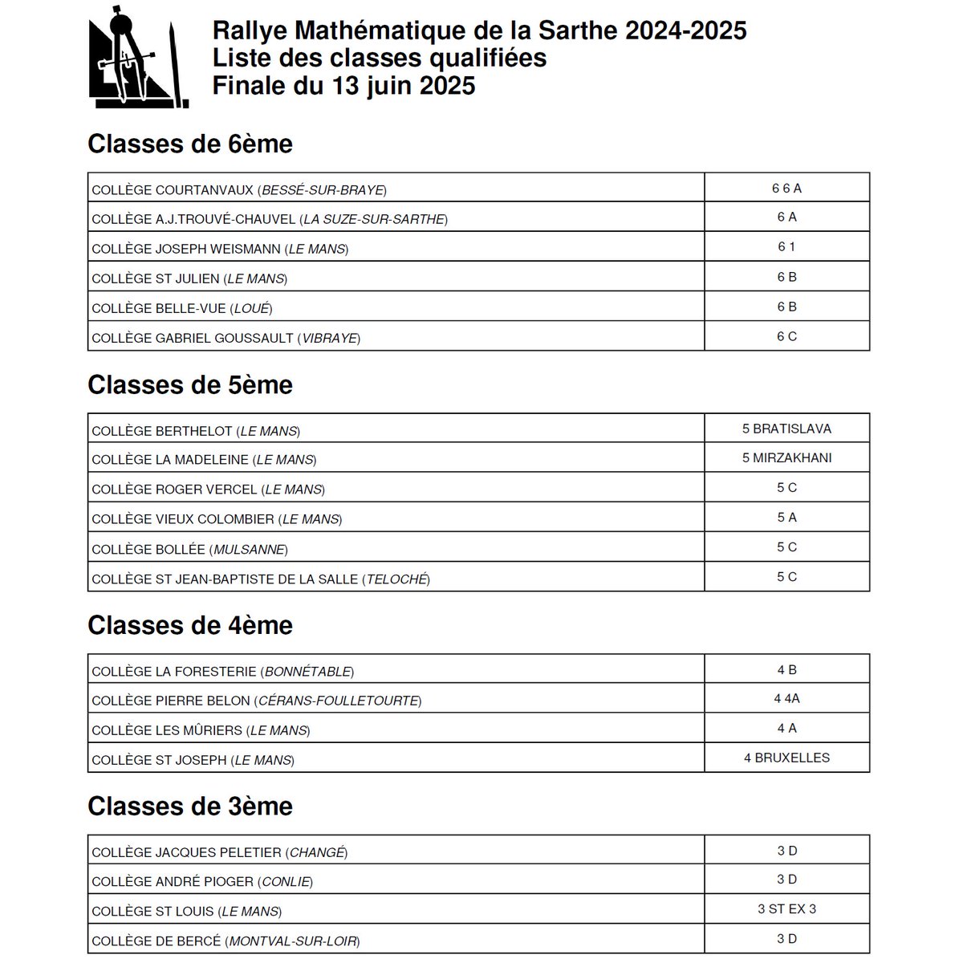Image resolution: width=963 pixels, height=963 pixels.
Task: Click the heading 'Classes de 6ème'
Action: tap(190, 144)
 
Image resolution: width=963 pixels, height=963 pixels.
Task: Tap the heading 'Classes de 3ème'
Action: tap(190, 807)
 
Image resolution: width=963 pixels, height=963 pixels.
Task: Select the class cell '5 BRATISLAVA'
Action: tap(786, 429)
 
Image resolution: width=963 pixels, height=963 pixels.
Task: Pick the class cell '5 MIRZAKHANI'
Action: tap(786, 458)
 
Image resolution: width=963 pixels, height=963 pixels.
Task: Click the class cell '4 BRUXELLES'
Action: tap(786, 758)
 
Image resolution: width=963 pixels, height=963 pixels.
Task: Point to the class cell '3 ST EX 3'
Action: tap(786, 909)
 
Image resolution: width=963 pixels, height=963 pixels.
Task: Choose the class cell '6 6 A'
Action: tap(786, 189)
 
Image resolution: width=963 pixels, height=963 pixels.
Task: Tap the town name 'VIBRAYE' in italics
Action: tap(329, 339)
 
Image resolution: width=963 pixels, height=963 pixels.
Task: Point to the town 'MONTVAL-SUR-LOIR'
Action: tap(292, 941)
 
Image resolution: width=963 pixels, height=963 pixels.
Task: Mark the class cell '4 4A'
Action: tap(786, 699)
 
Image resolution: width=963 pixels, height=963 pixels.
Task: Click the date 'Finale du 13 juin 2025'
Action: tap(343, 86)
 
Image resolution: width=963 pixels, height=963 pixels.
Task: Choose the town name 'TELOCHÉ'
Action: tap(396, 579)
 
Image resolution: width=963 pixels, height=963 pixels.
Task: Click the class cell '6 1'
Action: tap(786, 247)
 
